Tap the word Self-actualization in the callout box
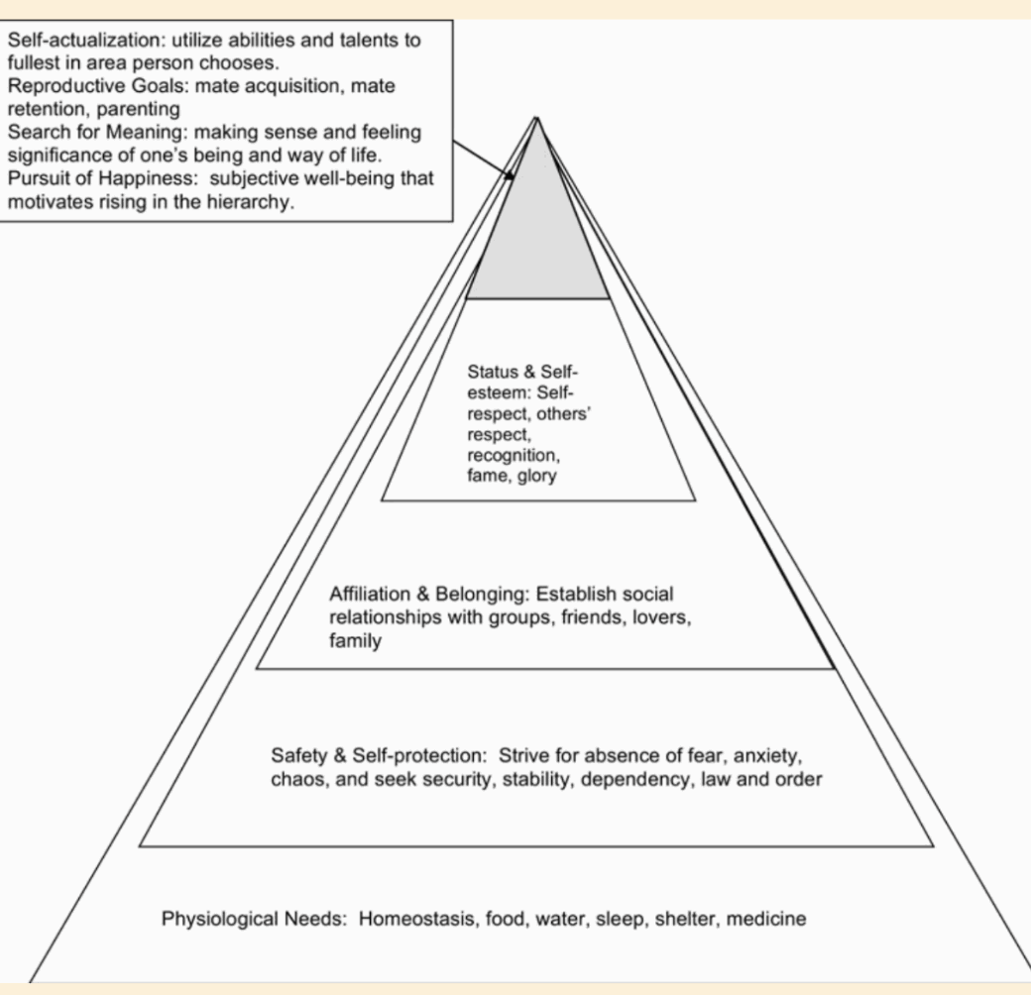point(75,41)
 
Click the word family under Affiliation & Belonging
point(355,642)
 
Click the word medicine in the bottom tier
point(766,919)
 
